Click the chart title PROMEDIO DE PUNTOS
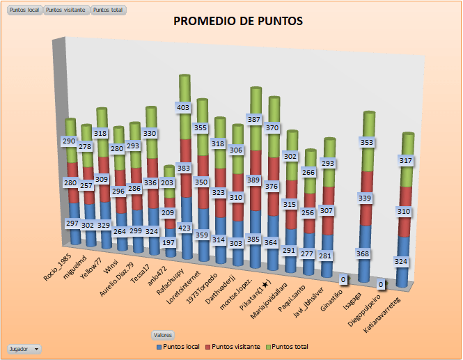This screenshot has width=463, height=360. (x=237, y=22)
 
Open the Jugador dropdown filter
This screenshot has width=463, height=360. (x=24, y=347)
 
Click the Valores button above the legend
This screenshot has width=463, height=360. (x=163, y=334)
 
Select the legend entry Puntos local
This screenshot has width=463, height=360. (x=180, y=346)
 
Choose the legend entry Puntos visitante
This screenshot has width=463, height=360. (x=235, y=346)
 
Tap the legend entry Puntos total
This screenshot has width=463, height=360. (x=289, y=346)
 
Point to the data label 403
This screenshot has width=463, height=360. (x=182, y=108)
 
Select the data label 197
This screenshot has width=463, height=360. (x=168, y=242)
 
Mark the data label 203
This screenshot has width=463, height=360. (x=167, y=183)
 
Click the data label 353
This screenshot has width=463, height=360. (x=365, y=143)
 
